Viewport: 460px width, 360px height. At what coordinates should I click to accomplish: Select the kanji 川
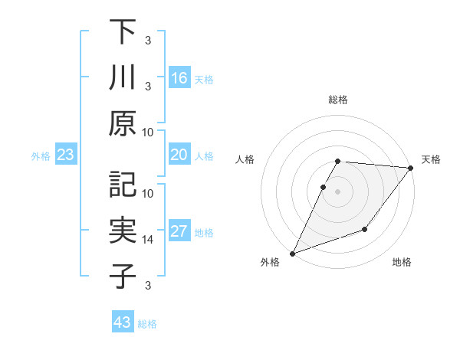(x=123, y=77)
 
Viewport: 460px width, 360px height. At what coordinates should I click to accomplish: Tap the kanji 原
(x=123, y=123)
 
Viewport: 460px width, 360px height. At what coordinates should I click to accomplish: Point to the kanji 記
(x=123, y=185)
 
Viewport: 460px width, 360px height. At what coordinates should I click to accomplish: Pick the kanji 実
(x=123, y=231)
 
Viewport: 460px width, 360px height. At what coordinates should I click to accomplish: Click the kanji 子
(x=123, y=277)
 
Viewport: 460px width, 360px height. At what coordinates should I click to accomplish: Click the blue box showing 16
(x=179, y=78)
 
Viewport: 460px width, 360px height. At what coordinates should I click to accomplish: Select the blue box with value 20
(x=179, y=155)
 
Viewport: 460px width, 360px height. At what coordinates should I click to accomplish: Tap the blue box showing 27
(x=179, y=232)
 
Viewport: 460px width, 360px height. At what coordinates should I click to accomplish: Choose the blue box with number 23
(x=66, y=155)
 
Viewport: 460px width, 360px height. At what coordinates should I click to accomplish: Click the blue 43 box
(x=123, y=322)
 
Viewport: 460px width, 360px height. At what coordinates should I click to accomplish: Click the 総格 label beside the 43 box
(x=147, y=324)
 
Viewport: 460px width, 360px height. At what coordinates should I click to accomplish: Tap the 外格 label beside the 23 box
(x=41, y=156)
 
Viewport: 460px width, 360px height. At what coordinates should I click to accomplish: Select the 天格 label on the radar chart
(x=431, y=159)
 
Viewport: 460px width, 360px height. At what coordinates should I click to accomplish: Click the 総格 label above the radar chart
(x=338, y=100)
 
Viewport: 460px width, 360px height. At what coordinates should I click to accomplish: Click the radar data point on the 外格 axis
(x=292, y=254)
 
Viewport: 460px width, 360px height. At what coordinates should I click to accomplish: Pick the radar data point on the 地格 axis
(x=365, y=229)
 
